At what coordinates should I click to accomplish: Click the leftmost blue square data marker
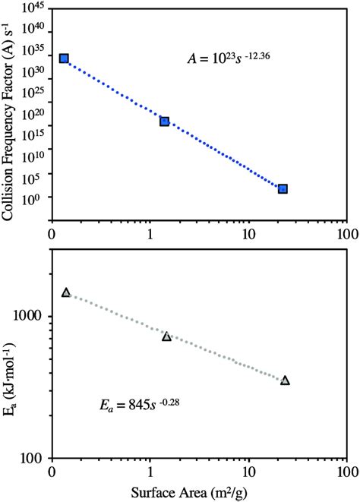(65, 58)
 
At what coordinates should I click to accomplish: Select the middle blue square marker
(164, 122)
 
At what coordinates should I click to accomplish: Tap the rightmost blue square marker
(283, 188)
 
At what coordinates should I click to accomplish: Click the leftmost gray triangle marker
(66, 292)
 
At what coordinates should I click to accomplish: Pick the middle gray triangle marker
(166, 336)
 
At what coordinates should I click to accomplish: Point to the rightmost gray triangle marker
(285, 380)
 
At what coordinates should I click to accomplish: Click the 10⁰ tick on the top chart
(36, 197)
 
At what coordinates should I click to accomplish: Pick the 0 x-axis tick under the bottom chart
(52, 472)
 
